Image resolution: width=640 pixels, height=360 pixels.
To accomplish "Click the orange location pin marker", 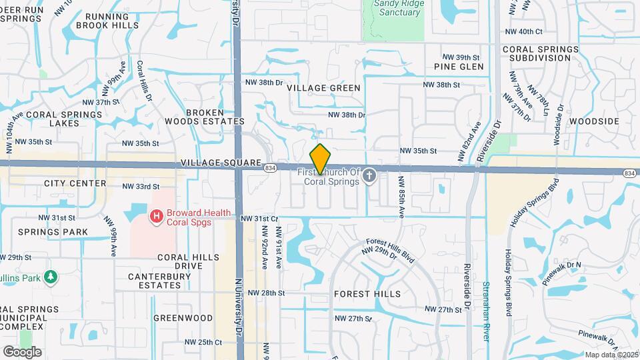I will point(321,159).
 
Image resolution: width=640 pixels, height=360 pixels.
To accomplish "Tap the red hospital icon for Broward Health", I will point(156,217).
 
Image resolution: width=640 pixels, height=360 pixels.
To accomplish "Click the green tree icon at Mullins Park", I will point(50,276).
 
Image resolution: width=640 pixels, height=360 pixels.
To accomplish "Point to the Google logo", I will point(22,351).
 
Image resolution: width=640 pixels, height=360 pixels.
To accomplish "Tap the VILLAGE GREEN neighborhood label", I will point(323,88).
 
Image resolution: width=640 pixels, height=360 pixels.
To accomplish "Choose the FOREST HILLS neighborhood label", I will point(367,294).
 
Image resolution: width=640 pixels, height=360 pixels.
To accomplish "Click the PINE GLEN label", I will point(459,67).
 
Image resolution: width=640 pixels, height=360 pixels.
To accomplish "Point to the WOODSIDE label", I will point(595,121).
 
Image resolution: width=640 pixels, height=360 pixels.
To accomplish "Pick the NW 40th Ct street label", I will point(525,31).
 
